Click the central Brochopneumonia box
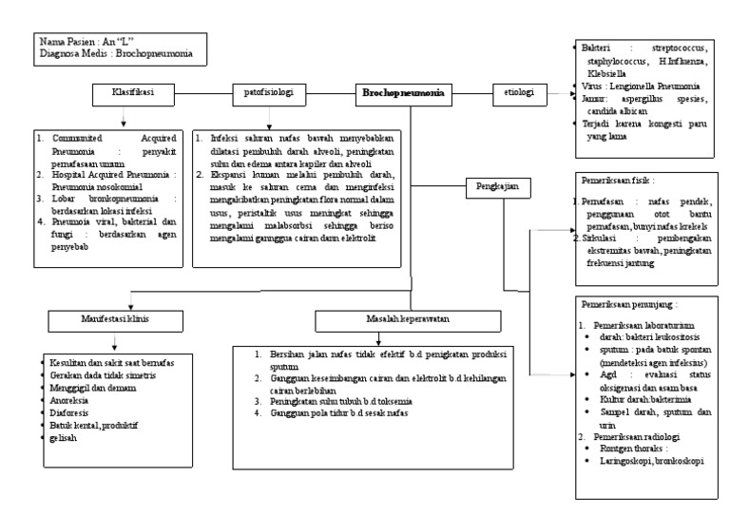point(403,94)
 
